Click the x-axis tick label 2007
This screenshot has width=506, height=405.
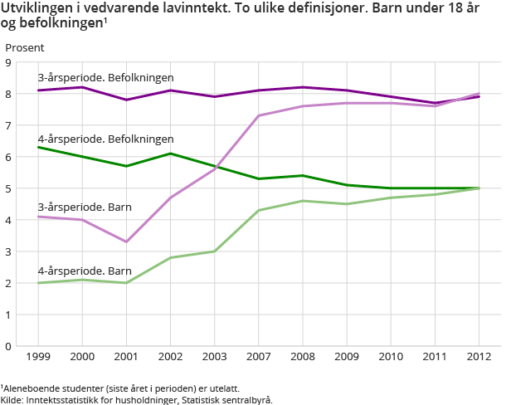258,357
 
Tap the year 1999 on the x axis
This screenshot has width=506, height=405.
38,357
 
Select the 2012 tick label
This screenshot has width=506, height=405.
479,357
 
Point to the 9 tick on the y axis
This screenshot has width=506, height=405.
7,62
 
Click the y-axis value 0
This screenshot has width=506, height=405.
7,346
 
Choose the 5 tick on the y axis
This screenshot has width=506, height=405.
7,188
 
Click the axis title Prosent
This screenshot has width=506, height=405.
25,47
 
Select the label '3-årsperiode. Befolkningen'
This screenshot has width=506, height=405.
105,77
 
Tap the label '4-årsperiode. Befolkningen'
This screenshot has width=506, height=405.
105,139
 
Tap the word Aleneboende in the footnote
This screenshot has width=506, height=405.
33,388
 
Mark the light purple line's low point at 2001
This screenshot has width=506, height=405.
126,242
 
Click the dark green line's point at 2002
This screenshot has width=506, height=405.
170,154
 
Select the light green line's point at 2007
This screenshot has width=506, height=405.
258,210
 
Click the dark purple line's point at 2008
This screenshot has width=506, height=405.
303,87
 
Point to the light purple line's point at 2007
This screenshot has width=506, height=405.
258,115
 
